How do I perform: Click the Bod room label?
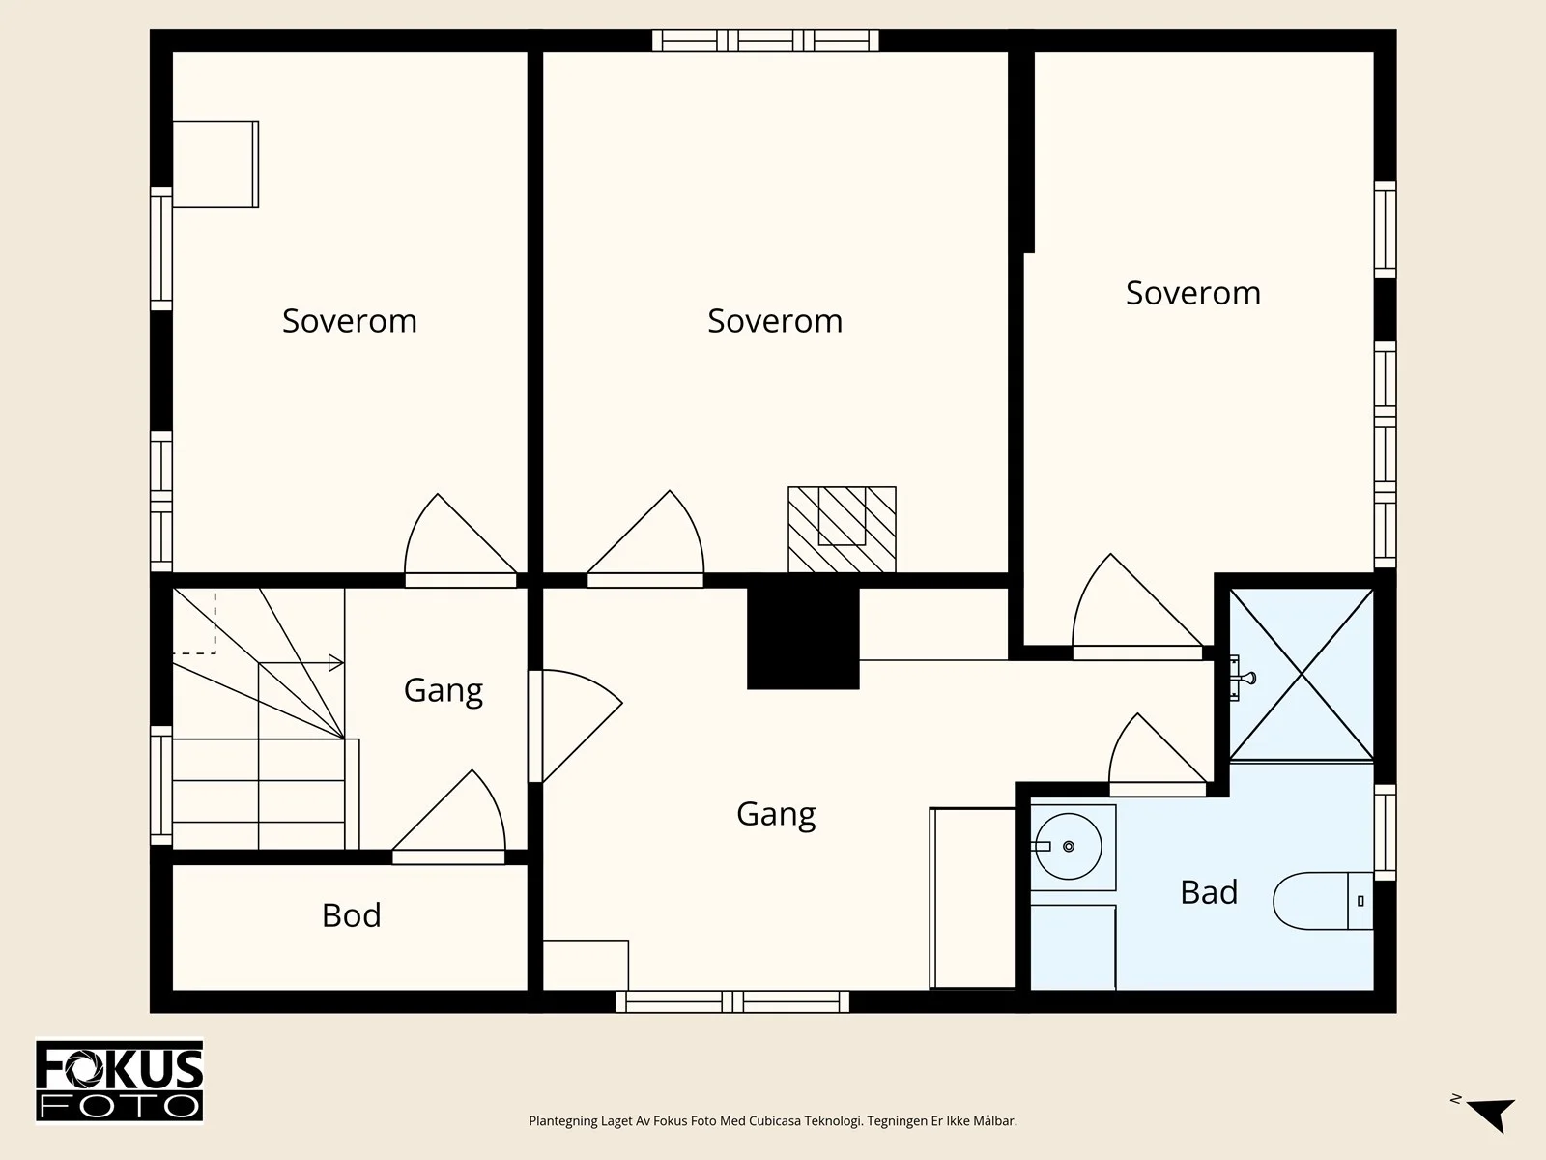tap(352, 915)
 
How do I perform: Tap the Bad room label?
tap(1209, 892)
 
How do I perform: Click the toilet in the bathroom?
tap(1323, 901)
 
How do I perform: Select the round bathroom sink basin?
tap(1069, 846)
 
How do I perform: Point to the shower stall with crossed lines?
tap(1302, 675)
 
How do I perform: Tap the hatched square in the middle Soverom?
tap(842, 530)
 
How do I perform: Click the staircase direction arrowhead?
tap(336, 663)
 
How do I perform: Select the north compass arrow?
tap(1492, 1115)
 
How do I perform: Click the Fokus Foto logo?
tap(120, 1081)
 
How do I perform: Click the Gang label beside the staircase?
tap(443, 690)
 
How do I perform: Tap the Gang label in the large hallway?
tap(776, 814)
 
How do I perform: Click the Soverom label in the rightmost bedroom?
tap(1193, 293)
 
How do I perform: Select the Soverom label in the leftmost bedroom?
tap(350, 321)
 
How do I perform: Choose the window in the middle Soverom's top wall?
tap(765, 41)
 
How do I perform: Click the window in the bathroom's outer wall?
tap(1386, 832)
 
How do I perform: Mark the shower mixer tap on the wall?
tap(1242, 679)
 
